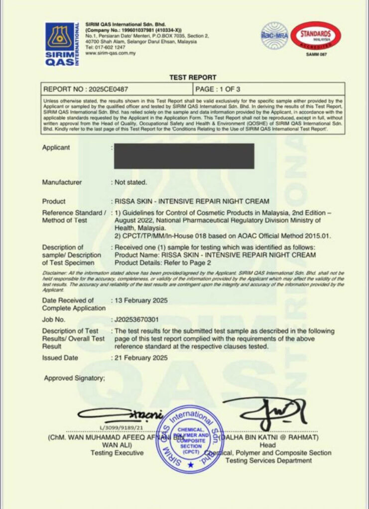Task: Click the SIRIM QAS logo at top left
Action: click(62, 45)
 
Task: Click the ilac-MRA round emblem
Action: click(274, 35)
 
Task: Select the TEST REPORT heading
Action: click(193, 78)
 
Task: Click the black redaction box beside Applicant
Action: click(184, 156)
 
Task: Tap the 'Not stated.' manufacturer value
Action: click(131, 182)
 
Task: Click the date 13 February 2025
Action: click(141, 301)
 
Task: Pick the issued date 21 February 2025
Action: click(141, 358)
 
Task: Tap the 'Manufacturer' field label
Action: click(62, 182)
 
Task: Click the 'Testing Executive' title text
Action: click(117, 453)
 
